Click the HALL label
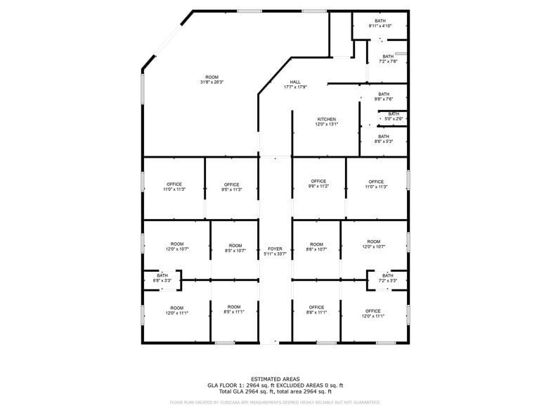tap(295, 82)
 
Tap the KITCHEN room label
tap(326, 119)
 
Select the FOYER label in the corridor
tap(275, 249)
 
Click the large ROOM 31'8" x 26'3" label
tap(212, 77)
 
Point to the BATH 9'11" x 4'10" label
tap(380, 21)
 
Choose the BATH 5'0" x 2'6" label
tap(394, 114)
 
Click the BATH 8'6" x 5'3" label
tap(384, 137)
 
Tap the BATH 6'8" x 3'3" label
tap(162, 275)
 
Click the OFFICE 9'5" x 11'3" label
tap(232, 184)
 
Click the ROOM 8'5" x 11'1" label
tap(234, 307)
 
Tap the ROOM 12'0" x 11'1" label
tap(176, 308)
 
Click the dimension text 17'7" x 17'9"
tap(295, 87)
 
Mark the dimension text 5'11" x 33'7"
tap(275, 253)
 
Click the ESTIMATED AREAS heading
tap(275, 379)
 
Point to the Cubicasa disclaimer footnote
tap(275, 403)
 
